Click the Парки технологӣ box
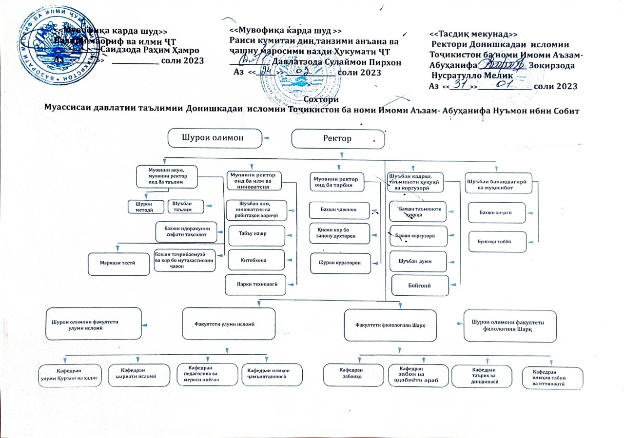(x=254, y=284)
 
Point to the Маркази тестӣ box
(x=118, y=263)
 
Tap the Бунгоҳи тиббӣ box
(x=496, y=240)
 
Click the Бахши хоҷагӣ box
(x=496, y=212)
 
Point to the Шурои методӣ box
(x=144, y=207)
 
